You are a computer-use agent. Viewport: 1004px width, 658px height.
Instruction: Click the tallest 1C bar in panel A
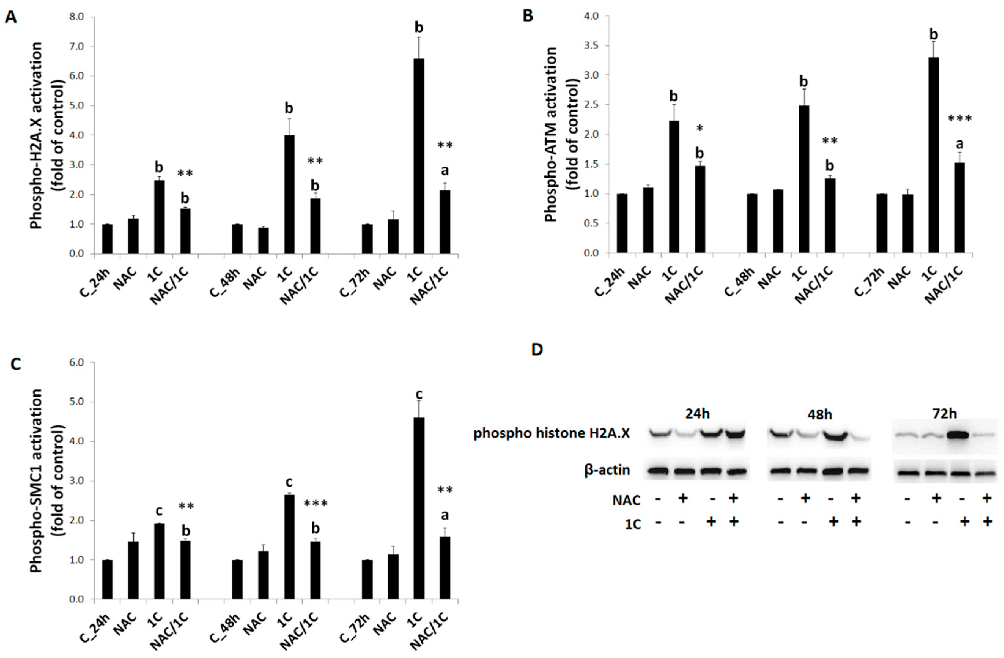(419, 156)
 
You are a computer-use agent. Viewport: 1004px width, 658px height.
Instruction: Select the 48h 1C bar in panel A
(289, 194)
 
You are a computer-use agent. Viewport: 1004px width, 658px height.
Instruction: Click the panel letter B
(528, 16)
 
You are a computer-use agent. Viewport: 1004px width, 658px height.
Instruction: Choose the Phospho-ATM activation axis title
(551, 134)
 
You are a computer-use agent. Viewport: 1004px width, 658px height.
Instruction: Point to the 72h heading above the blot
(944, 414)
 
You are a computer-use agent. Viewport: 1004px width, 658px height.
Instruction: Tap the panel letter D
(537, 350)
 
